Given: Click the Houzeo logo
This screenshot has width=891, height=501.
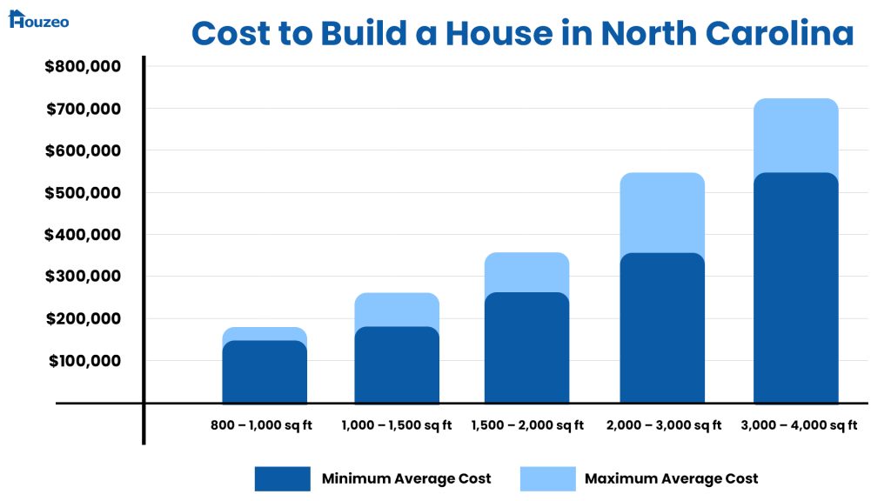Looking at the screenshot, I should click(38, 19).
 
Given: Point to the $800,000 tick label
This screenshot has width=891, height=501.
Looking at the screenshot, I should click(83, 66).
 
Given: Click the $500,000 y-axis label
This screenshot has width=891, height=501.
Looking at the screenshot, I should click(83, 193).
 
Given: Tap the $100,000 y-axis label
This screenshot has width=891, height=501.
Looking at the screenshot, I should click(83, 361).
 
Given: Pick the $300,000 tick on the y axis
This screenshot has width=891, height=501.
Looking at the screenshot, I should click(83, 277).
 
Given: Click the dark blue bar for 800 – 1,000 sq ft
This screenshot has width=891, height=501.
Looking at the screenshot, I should click(265, 372).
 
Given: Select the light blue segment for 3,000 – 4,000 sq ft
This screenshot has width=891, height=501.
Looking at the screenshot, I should click(795, 135).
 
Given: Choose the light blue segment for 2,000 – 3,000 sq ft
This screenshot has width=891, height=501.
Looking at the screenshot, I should click(662, 212).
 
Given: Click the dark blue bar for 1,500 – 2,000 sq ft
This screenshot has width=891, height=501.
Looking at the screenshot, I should click(527, 348).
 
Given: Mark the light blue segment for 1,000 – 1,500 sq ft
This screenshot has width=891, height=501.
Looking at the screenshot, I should click(397, 309).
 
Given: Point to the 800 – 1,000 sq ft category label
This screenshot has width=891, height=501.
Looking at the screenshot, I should click(261, 426).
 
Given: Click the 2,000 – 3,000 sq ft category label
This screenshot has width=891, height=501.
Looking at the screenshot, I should click(665, 426).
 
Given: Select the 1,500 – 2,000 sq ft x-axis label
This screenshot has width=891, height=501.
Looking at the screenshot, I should click(527, 426).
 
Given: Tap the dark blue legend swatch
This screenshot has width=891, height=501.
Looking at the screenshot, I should click(282, 478).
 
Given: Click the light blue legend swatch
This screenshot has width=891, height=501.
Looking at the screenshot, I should click(547, 478).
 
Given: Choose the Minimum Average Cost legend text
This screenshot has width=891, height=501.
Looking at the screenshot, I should click(406, 478).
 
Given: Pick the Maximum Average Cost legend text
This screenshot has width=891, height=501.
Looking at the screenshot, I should click(671, 478).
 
